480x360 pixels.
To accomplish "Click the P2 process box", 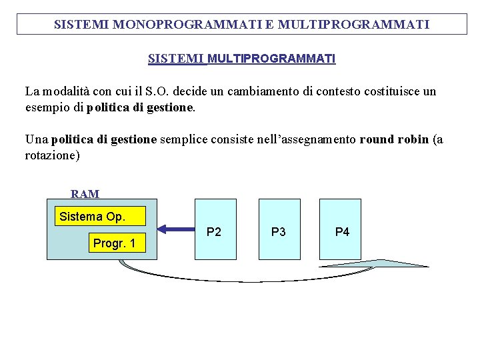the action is (215, 229).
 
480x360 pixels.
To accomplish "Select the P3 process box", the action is (279, 229).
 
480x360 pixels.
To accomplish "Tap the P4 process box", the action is (341, 229).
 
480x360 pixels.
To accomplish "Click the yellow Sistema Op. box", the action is (92, 216).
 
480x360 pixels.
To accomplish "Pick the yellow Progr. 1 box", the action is (114, 243).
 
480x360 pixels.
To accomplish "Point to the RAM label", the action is (85, 194).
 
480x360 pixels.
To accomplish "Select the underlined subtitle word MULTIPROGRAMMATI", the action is (271, 59).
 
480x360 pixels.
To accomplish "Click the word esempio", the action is (46, 107).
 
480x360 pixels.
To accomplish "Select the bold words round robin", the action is (394, 139).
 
